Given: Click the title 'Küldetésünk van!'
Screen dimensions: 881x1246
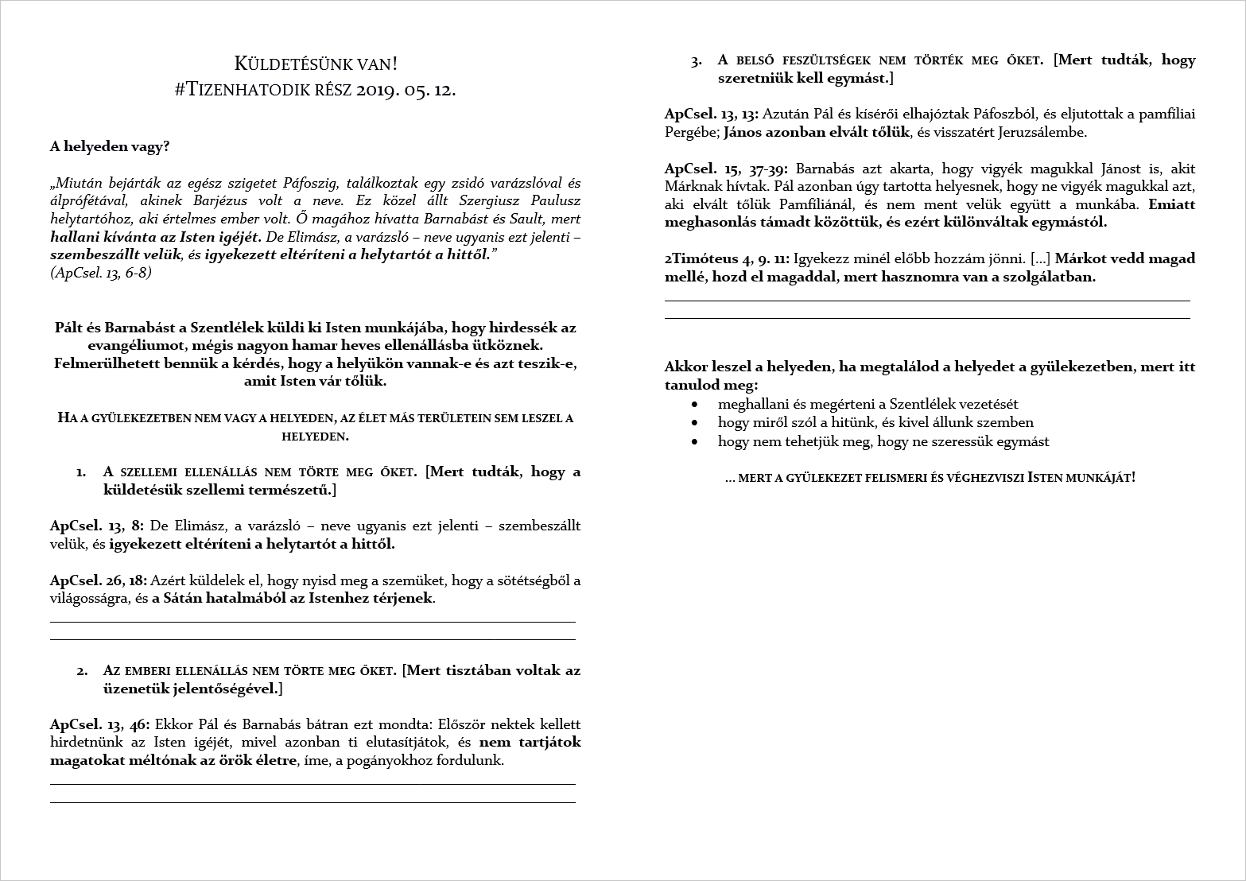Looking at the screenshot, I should coord(316,64).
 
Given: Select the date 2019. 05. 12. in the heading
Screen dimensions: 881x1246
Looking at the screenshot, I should coord(406,90).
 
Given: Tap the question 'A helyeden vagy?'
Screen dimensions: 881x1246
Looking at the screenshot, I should coord(110,146).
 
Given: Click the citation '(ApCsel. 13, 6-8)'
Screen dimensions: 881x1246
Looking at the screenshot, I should coord(101,273).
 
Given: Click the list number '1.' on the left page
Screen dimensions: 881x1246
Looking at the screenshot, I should coord(81,472).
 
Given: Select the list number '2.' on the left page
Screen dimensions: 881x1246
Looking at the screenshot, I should coord(82,670).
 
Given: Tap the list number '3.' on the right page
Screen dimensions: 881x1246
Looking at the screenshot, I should coord(697,60).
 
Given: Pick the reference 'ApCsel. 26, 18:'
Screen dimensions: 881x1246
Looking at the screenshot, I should coord(99,580).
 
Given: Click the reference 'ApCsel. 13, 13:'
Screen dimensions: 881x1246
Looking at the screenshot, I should coord(712,114).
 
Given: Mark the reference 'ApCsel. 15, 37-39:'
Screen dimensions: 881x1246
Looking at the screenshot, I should coord(727,169).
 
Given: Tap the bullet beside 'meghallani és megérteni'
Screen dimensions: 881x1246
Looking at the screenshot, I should coord(696,405).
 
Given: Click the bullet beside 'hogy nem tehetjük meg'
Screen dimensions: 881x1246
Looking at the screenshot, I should coord(696,442).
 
